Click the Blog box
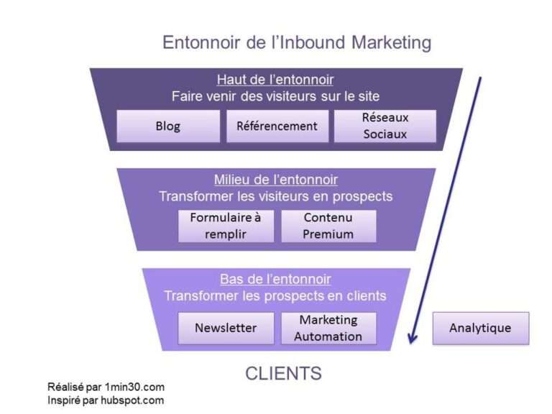click(x=168, y=126)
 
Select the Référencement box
click(x=277, y=126)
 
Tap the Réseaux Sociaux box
click(x=385, y=126)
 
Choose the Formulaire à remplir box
click(x=226, y=226)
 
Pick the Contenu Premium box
click(x=328, y=226)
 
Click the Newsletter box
click(x=226, y=328)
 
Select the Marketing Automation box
click(x=328, y=328)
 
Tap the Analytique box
click(x=480, y=328)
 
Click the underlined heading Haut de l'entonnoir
click(x=275, y=79)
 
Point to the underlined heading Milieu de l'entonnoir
click(x=275, y=180)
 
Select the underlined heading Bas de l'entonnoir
click(x=275, y=280)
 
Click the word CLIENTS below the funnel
click(x=283, y=374)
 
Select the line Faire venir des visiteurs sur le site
click(x=275, y=96)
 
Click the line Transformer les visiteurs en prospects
click(x=275, y=196)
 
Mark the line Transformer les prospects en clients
click(x=275, y=296)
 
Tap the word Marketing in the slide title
click(x=391, y=42)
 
